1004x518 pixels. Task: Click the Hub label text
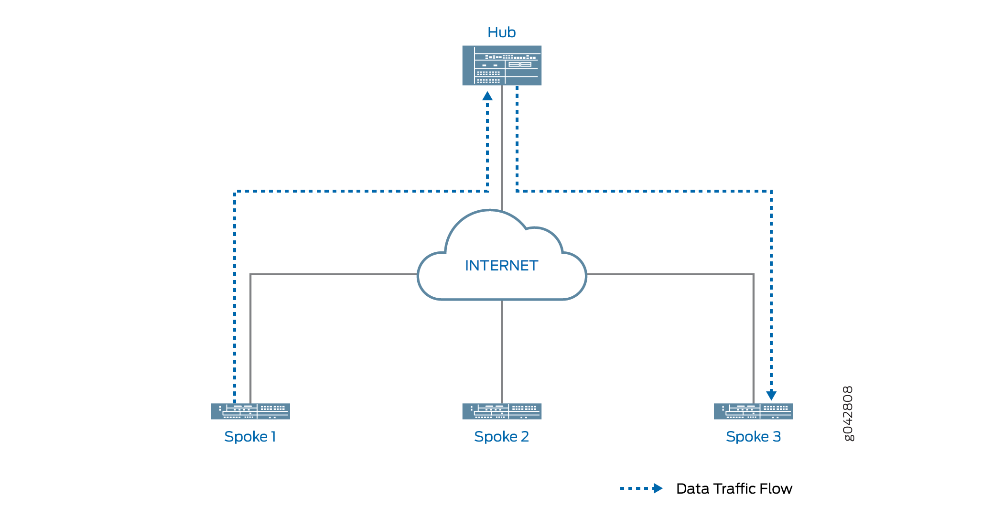click(x=501, y=32)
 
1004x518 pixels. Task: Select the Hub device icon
click(x=502, y=65)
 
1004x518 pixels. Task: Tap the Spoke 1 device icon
click(x=250, y=411)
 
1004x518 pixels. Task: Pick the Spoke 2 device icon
click(x=502, y=411)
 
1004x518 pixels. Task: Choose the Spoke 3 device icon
click(x=753, y=411)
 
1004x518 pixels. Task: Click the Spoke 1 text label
click(x=250, y=437)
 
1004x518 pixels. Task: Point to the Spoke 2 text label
click(x=501, y=437)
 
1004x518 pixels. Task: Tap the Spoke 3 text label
click(x=753, y=437)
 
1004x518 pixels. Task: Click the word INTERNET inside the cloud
click(x=501, y=266)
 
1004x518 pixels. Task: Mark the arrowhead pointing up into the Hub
click(x=487, y=96)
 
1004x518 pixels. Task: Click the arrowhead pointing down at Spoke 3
click(x=771, y=396)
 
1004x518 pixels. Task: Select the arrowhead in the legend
click(x=658, y=488)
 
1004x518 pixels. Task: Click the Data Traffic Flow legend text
click(x=734, y=489)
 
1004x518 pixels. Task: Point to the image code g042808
click(x=848, y=414)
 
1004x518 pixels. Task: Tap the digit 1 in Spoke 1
click(x=273, y=437)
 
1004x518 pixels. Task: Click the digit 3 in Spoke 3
click(x=777, y=437)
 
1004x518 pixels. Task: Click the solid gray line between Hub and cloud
click(x=502, y=148)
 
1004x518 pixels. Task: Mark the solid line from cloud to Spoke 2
click(x=502, y=351)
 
